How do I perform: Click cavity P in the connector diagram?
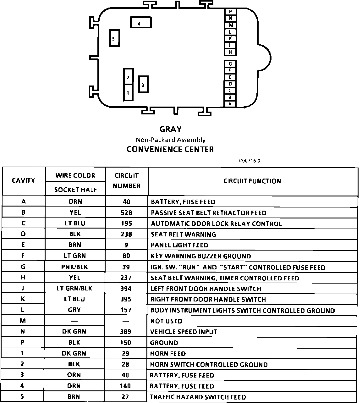(230, 12)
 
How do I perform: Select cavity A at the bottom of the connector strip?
(230, 104)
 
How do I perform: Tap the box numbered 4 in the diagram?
(141, 23)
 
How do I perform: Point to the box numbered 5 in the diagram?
(114, 38)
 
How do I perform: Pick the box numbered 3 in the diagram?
(143, 84)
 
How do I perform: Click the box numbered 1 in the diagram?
(128, 92)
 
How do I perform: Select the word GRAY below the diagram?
(170, 129)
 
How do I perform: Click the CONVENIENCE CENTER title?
(170, 149)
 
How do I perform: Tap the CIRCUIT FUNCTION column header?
(252, 181)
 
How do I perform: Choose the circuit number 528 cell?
(126, 213)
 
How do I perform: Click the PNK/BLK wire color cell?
(75, 267)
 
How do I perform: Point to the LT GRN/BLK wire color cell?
(74, 288)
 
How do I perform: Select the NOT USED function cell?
(166, 321)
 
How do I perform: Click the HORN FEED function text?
(168, 353)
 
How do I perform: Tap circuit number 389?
(126, 332)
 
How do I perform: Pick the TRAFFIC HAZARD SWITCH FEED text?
(198, 397)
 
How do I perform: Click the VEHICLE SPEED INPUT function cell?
(184, 332)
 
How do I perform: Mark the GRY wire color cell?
(74, 310)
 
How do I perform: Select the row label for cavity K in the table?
(23, 299)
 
